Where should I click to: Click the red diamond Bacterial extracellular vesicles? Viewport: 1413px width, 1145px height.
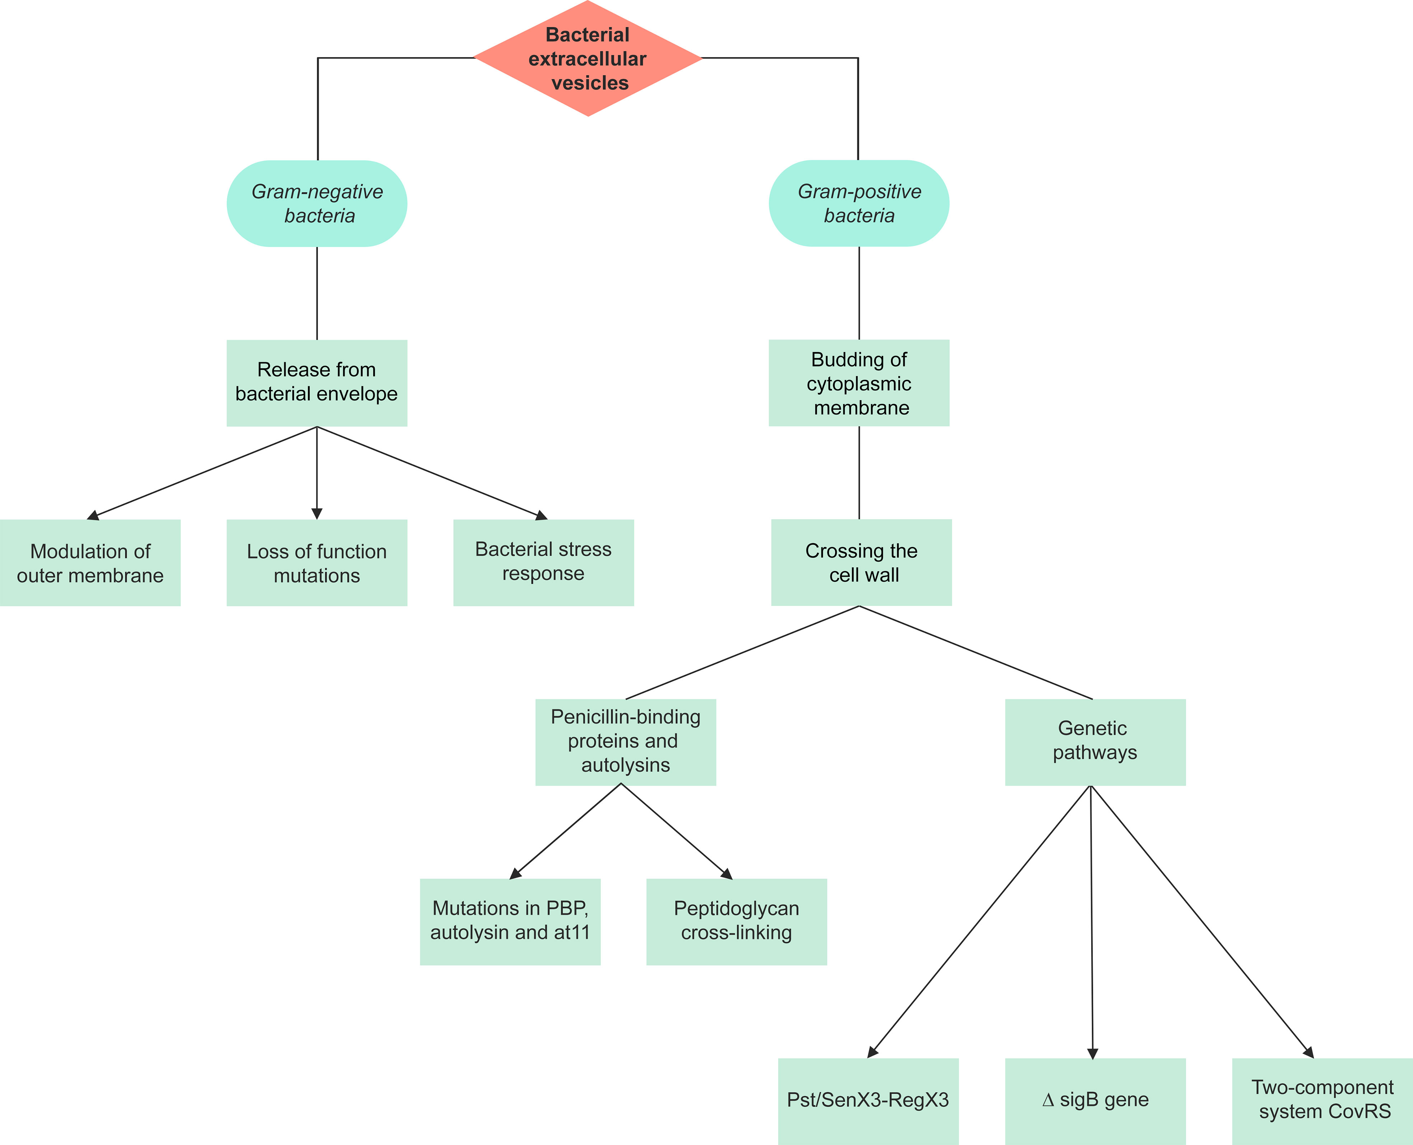588,59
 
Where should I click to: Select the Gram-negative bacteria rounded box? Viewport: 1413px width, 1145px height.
317,204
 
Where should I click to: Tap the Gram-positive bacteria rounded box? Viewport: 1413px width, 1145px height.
859,204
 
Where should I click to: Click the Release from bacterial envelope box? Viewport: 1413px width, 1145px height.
317,382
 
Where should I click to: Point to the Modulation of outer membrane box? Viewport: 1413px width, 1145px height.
90,563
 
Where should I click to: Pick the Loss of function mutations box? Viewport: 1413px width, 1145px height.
317,563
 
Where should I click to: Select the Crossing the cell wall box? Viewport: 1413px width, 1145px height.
861,563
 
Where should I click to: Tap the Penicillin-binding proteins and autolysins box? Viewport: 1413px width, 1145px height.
626,742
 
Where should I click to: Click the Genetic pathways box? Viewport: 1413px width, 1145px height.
1095,742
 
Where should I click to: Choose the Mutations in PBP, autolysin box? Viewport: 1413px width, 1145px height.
510,921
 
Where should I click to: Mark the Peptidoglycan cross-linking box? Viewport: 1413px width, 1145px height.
736,921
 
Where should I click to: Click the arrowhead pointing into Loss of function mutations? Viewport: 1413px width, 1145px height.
317,513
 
